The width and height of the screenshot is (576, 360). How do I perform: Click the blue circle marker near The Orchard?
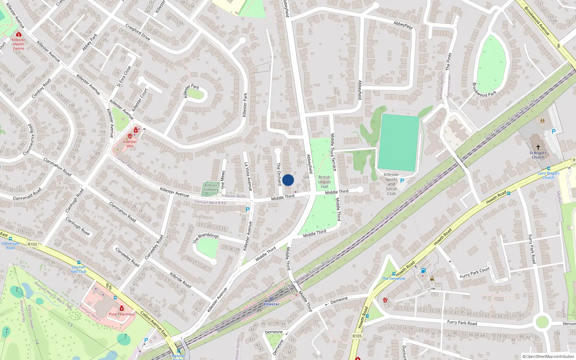click(288, 180)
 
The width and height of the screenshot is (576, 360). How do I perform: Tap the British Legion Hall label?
click(324, 182)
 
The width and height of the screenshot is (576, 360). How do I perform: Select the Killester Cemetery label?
click(211, 188)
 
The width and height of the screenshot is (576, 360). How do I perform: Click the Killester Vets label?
click(130, 144)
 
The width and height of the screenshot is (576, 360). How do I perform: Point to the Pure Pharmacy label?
click(122, 314)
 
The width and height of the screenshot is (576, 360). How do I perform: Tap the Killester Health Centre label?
click(18, 44)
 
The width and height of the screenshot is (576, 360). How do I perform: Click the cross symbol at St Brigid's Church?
click(538, 147)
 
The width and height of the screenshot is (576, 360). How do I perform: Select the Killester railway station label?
click(271, 304)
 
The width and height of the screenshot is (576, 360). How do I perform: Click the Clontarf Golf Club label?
click(78, 269)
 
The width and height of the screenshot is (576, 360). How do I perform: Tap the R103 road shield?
click(32, 244)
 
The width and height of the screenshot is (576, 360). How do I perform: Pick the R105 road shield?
click(357, 336)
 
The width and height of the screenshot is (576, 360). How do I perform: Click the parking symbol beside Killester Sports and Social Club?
click(402, 181)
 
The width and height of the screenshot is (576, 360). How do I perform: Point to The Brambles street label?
click(206, 237)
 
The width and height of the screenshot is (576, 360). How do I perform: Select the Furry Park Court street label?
click(475, 273)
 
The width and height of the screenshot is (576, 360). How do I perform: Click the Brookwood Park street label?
click(484, 90)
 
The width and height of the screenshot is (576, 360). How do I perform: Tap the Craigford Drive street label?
click(138, 32)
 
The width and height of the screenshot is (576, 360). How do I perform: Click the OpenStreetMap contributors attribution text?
click(548, 356)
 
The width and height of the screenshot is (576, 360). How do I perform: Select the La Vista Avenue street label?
click(248, 176)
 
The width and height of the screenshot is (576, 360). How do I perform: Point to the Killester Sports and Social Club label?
click(391, 184)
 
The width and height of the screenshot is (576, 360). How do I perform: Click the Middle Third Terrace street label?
click(333, 152)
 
